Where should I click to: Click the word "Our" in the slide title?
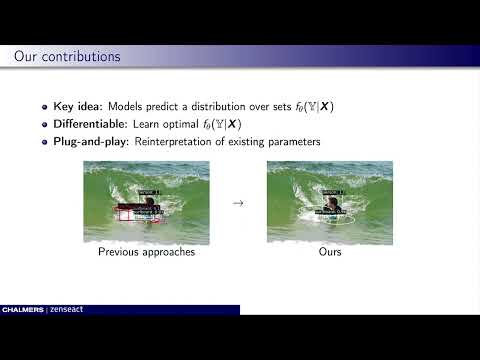coord(26,56)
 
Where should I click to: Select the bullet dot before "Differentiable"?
coord(45,125)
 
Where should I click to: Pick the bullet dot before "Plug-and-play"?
coord(45,142)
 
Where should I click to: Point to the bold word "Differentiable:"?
coord(90,125)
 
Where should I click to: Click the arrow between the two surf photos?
coord(237,203)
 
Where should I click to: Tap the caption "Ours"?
coord(330,252)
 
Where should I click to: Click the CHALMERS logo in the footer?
coord(22,310)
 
